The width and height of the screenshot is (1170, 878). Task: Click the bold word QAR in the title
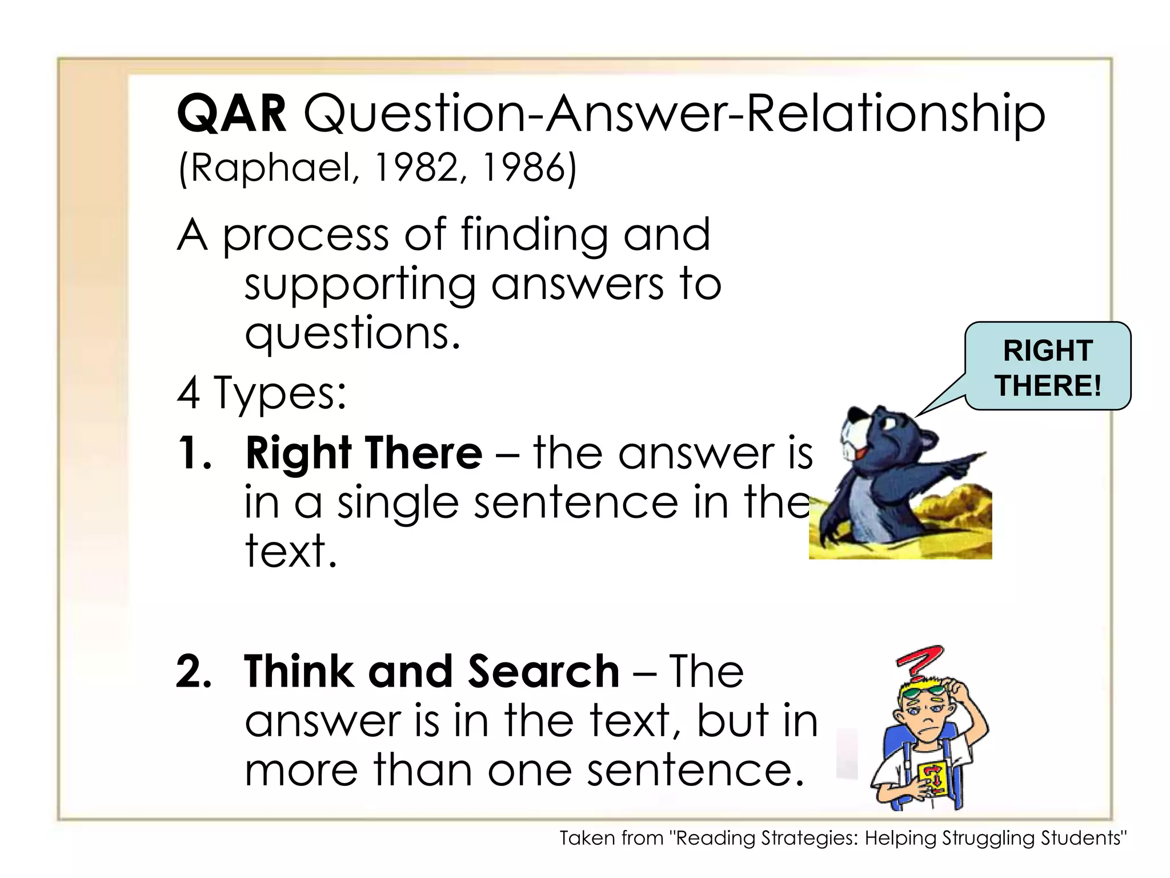tap(232, 114)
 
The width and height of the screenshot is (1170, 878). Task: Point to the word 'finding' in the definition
tap(534, 236)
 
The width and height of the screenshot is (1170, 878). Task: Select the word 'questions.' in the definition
tap(352, 334)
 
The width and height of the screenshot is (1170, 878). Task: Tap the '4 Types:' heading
tap(262, 393)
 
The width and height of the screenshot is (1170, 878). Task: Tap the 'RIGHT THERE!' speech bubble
tap(1048, 366)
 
